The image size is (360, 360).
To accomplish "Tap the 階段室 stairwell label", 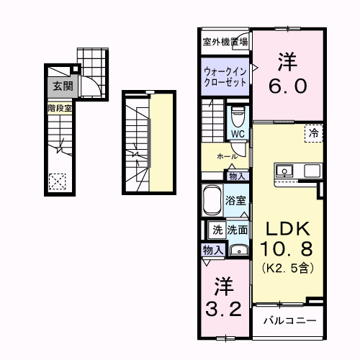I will [59, 108].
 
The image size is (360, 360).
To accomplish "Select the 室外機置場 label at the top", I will [224, 41].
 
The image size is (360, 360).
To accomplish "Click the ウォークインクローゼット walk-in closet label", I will [225, 77].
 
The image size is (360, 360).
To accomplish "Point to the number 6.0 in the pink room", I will [289, 85].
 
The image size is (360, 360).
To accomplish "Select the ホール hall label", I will [226, 156].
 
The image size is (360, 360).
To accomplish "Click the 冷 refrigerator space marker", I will [314, 132].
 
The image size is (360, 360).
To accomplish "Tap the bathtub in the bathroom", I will [212, 199].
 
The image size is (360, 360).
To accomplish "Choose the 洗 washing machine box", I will [217, 230].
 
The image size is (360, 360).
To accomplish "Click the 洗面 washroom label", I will [238, 230].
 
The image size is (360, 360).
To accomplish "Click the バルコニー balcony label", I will [289, 319].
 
